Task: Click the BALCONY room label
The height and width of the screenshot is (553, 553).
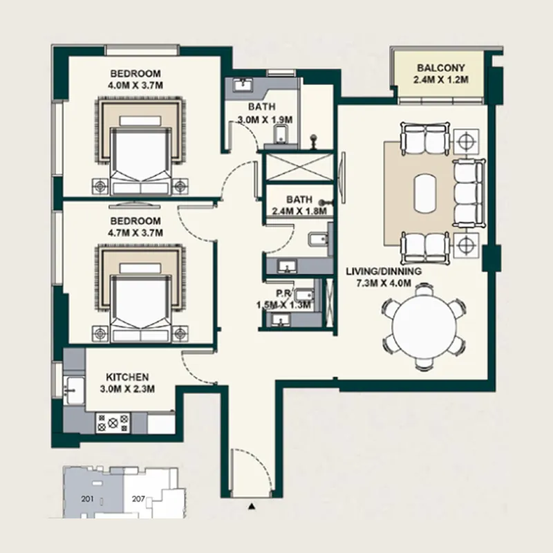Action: tap(441, 68)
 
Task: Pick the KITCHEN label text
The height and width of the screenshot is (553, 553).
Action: tap(127, 377)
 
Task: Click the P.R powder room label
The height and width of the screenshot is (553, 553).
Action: tap(281, 294)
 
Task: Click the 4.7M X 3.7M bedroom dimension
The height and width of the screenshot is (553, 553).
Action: tap(135, 233)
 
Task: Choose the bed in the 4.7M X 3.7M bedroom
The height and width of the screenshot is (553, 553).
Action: tap(141, 301)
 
